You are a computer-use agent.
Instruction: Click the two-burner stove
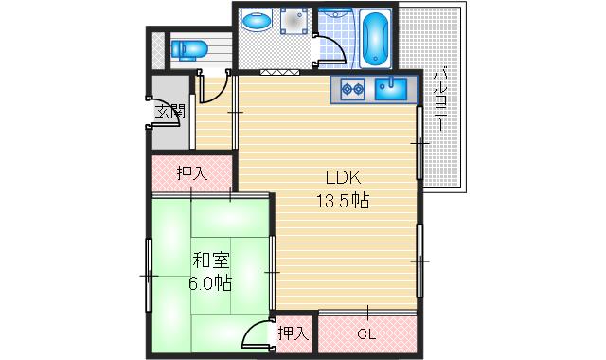coord(352,90)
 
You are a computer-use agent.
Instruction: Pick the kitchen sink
coord(391,90)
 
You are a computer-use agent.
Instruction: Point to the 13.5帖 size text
coord(342,201)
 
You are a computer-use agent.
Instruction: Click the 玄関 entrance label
coord(169,112)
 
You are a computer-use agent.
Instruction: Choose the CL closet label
coord(365,333)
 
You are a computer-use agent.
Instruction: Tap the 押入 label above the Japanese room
coord(191,172)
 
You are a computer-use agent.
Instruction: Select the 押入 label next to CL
coord(293,333)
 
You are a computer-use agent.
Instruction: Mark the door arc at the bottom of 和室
coord(254,333)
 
